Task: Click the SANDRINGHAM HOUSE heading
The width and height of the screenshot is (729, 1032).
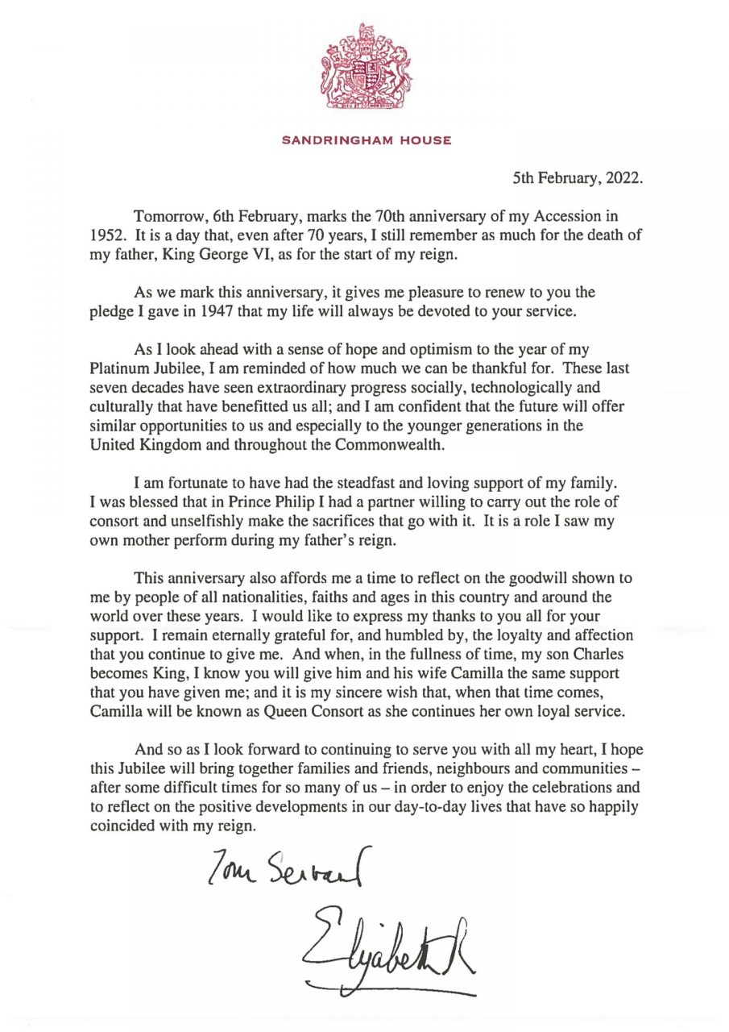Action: [x=366, y=141]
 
